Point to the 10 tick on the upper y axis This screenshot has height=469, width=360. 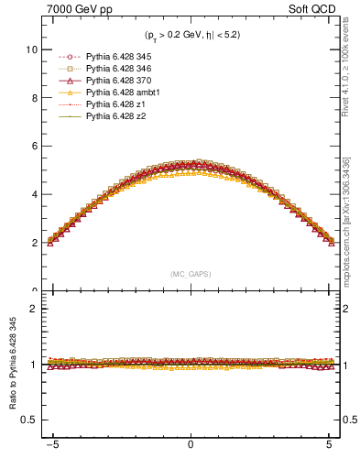[33, 49]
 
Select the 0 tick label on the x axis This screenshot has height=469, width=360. [190, 450]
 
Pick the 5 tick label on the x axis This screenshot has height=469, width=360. [327, 450]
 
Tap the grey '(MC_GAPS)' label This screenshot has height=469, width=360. [190, 274]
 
